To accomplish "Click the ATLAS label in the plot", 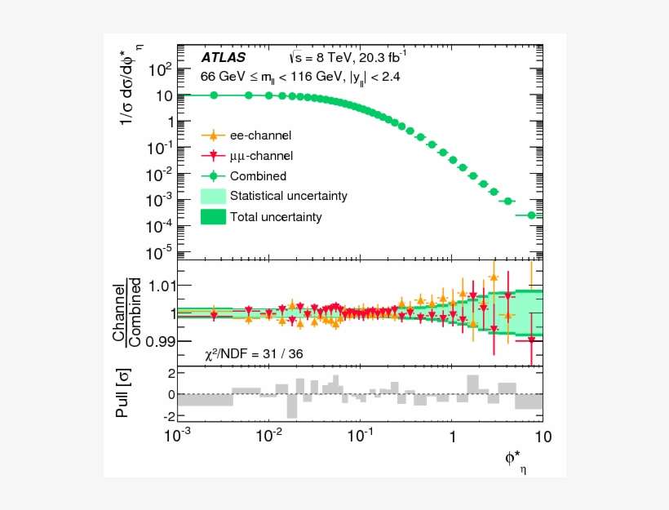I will pos(223,58).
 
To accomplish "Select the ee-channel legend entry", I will pos(260,135).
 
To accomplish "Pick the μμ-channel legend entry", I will pos(261,155).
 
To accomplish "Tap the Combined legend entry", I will pos(258,175).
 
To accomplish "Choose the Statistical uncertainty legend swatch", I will pos(213,196).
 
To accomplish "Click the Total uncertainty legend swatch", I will pos(213,217).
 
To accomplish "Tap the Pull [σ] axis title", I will pos(123,395).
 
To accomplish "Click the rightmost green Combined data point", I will pos(532,215).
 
